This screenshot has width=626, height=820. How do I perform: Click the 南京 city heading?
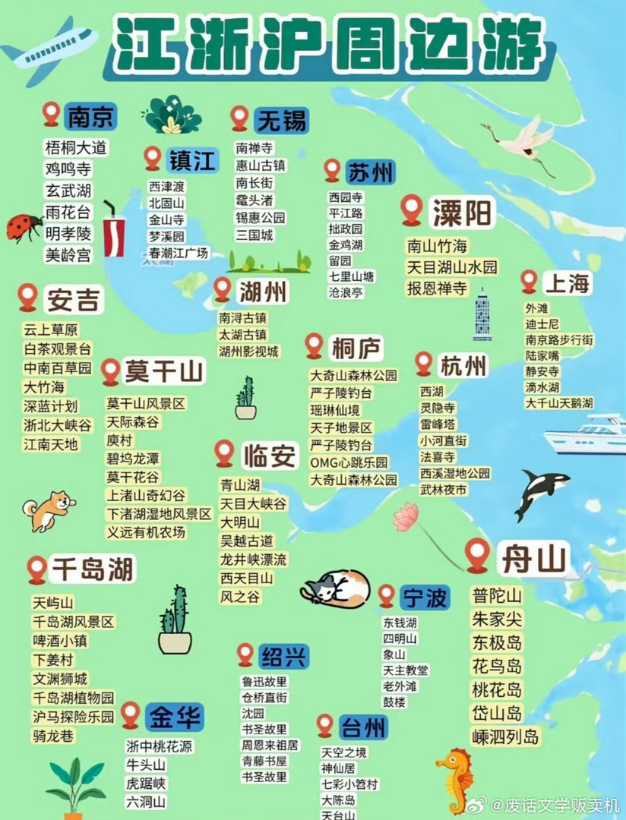point(90,117)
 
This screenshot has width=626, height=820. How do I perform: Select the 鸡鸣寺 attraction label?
point(68,169)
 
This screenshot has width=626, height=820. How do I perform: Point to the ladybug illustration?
point(24,227)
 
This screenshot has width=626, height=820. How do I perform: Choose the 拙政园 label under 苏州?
point(346,229)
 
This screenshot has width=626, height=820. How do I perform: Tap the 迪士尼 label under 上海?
point(542,324)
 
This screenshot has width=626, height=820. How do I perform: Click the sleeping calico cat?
point(337,587)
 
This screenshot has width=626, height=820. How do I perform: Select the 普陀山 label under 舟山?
point(497,595)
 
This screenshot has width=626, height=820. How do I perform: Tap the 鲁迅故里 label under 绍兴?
point(264,682)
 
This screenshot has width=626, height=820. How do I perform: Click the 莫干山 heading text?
point(164,371)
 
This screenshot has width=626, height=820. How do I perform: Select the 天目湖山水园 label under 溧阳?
point(452,267)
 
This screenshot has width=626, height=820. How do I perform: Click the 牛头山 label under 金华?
point(146,765)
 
